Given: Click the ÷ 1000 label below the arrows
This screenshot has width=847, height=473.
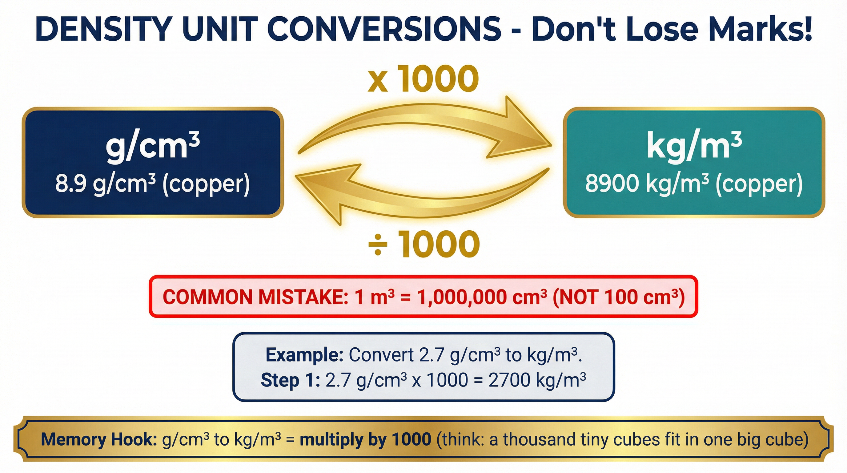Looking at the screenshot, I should click(424, 244).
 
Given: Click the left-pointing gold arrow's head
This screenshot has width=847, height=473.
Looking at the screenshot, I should click(326, 192).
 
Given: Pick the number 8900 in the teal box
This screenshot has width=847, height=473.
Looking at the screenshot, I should click(612, 184).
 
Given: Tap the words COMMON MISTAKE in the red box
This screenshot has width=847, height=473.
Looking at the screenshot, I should click(255, 297).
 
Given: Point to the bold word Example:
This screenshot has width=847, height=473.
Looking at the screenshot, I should click(304, 355).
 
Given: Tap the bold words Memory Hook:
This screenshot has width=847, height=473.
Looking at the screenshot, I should click(98, 439).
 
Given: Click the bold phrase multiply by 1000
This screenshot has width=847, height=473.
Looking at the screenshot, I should click(365, 439).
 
